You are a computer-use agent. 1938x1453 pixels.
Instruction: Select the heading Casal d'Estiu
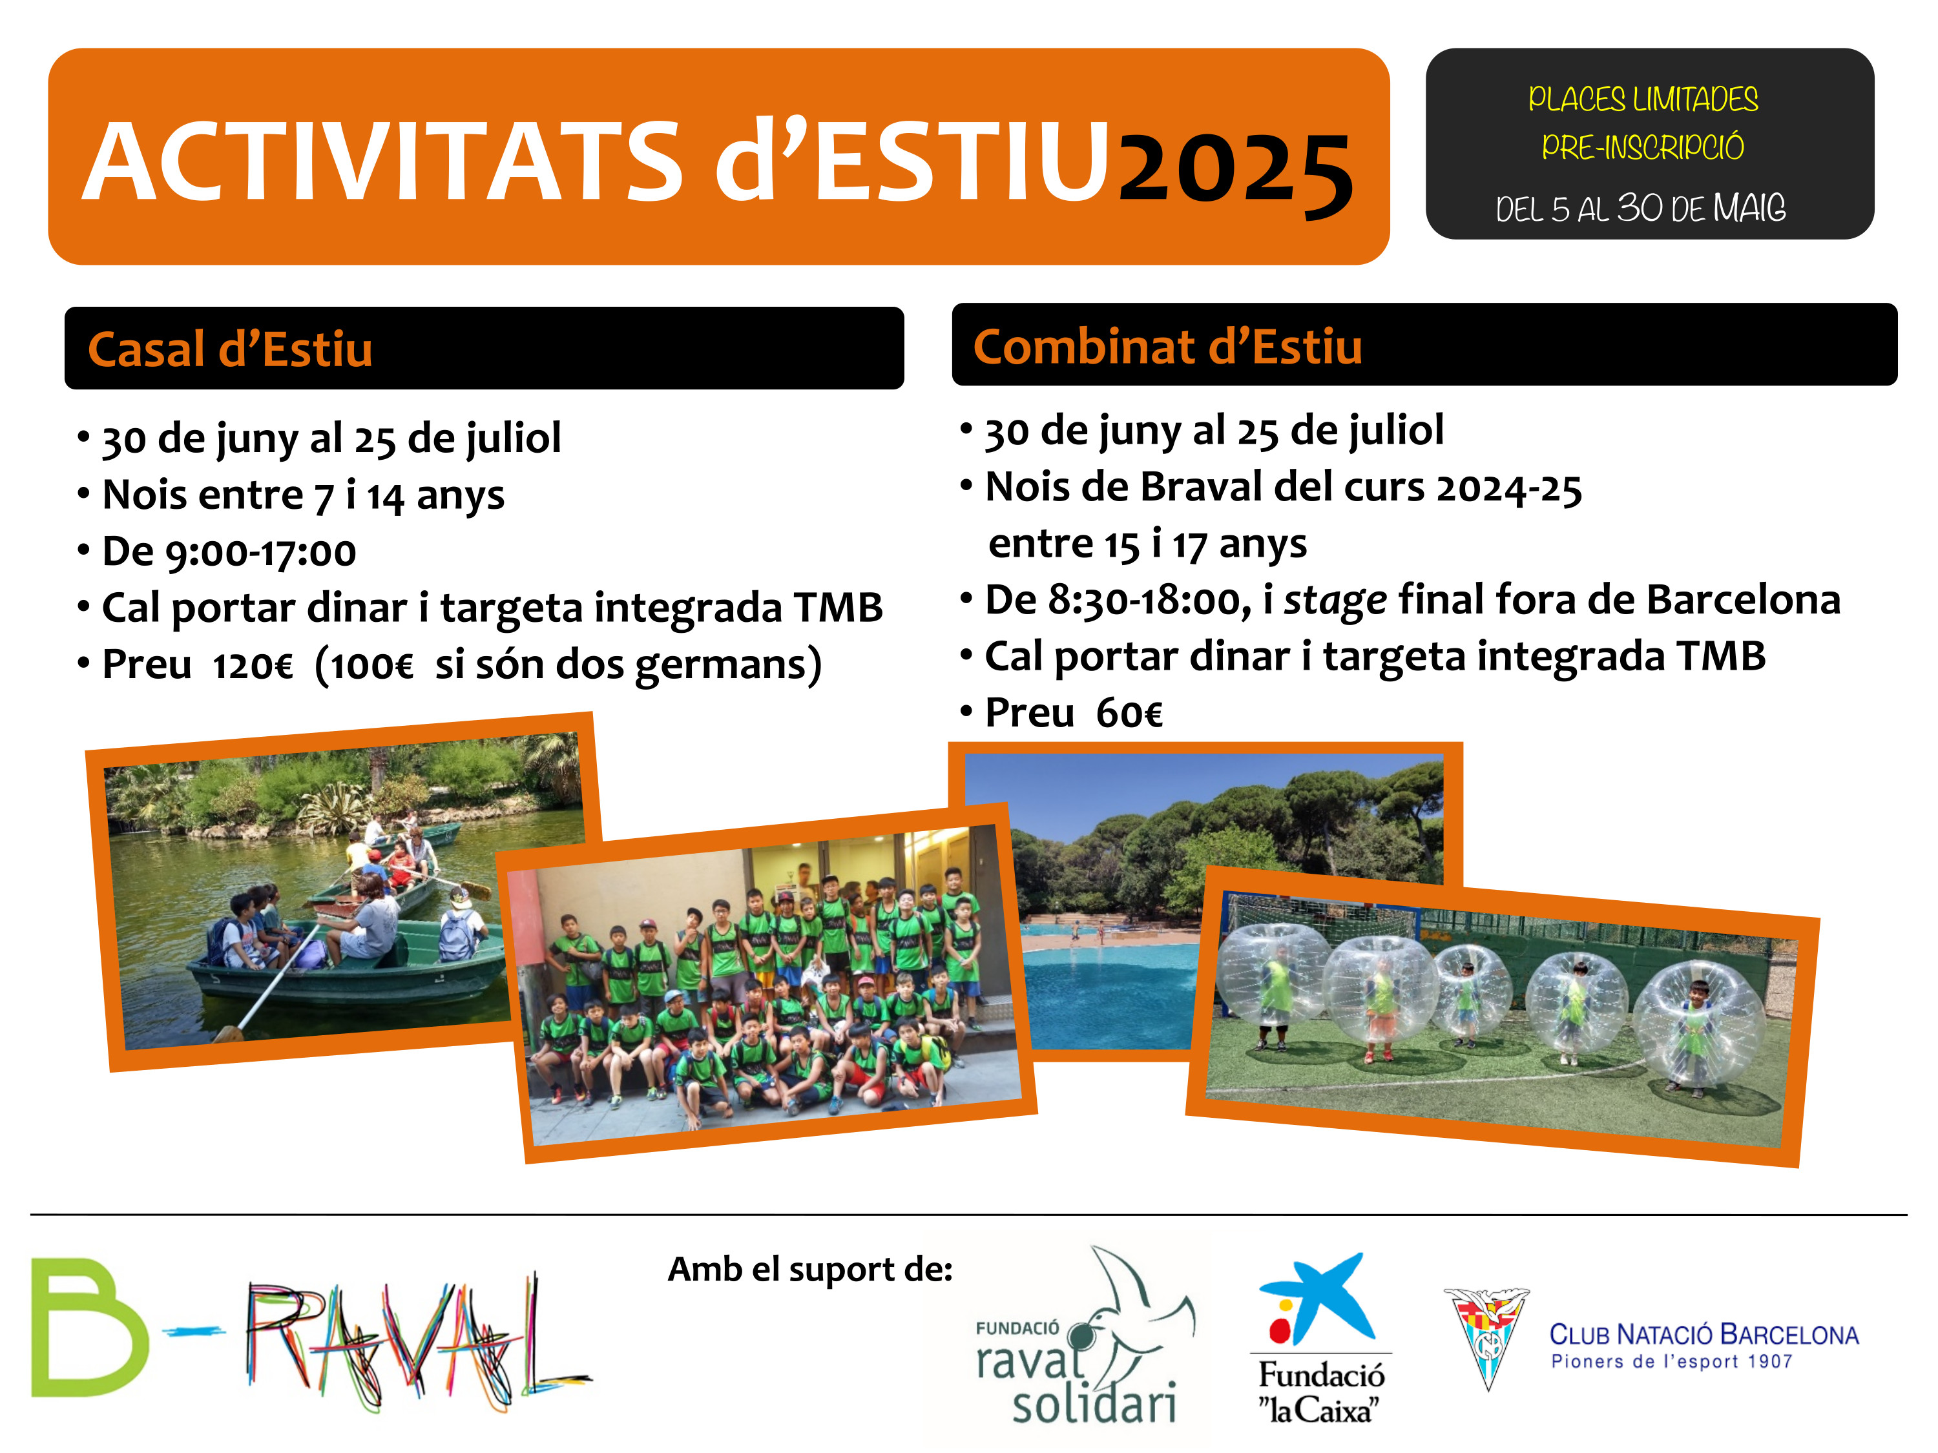point(231,349)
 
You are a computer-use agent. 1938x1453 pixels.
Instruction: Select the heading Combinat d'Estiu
point(1168,346)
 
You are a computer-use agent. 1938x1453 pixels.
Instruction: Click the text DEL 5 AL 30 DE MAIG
point(1640,207)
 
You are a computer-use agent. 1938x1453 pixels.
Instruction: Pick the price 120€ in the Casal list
point(253,666)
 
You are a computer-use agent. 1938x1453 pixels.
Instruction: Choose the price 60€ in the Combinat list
point(1129,714)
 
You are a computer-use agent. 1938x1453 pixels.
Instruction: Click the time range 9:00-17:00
point(260,553)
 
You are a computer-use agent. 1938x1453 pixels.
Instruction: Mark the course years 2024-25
point(1508,489)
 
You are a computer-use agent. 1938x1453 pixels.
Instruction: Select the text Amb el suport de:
point(811,1269)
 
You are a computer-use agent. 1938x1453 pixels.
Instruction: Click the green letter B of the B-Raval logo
point(89,1328)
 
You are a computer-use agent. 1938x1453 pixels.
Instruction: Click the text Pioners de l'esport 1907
point(1672,1362)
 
